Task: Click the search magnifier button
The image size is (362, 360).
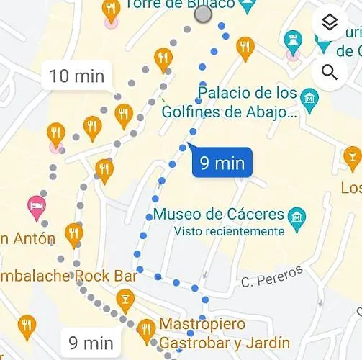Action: (330, 72)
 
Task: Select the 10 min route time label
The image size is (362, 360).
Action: (77, 76)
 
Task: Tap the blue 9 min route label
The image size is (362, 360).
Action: (222, 163)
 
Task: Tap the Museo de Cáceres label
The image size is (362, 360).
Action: (220, 215)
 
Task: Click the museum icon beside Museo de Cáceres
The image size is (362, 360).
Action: (296, 215)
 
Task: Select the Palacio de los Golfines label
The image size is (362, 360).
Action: (248, 102)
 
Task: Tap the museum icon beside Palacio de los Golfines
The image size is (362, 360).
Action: (309, 96)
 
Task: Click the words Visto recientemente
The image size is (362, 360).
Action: (230, 231)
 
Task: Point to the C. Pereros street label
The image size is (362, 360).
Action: (263, 281)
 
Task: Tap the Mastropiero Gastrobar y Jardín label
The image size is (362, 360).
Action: (223, 333)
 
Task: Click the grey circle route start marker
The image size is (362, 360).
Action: (204, 14)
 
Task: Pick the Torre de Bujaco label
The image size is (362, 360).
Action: (179, 4)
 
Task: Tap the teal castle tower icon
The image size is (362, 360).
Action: (293, 40)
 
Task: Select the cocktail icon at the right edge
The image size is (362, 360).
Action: (352, 155)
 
